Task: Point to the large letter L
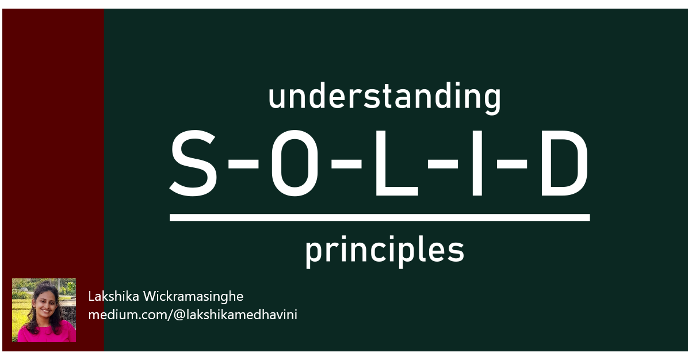coord(391,163)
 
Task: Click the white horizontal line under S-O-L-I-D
coord(380,217)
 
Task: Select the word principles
coord(384,252)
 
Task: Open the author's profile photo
coord(44,311)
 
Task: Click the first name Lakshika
coord(113,297)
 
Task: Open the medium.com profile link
coord(192,315)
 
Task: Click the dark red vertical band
coord(53,144)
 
